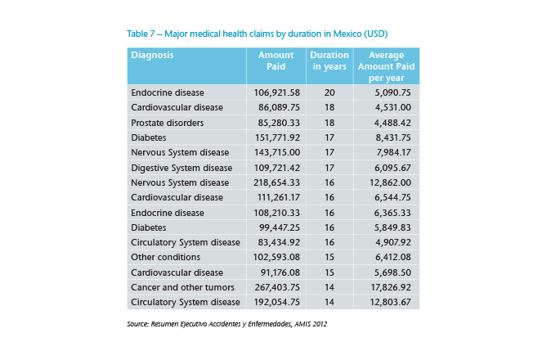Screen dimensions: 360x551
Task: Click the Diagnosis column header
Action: tap(153, 56)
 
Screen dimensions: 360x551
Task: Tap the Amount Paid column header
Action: tap(275, 61)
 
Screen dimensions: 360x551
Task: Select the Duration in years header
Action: tap(329, 61)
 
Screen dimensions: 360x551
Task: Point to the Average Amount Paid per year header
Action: tap(386, 65)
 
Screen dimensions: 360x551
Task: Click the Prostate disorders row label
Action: tap(168, 122)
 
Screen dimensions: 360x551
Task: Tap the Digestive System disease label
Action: tap(181, 167)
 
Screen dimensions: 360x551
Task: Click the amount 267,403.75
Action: tap(279, 287)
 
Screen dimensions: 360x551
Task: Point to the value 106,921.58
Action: tap(279, 92)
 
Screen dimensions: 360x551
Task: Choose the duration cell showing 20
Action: tap(329, 92)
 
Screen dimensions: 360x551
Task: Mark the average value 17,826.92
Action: tap(392, 287)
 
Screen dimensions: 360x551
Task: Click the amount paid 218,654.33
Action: tap(279, 182)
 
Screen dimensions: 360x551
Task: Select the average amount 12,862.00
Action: tap(392, 182)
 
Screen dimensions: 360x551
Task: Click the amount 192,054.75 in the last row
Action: tap(279, 302)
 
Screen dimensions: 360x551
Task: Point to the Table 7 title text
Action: tap(257, 34)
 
